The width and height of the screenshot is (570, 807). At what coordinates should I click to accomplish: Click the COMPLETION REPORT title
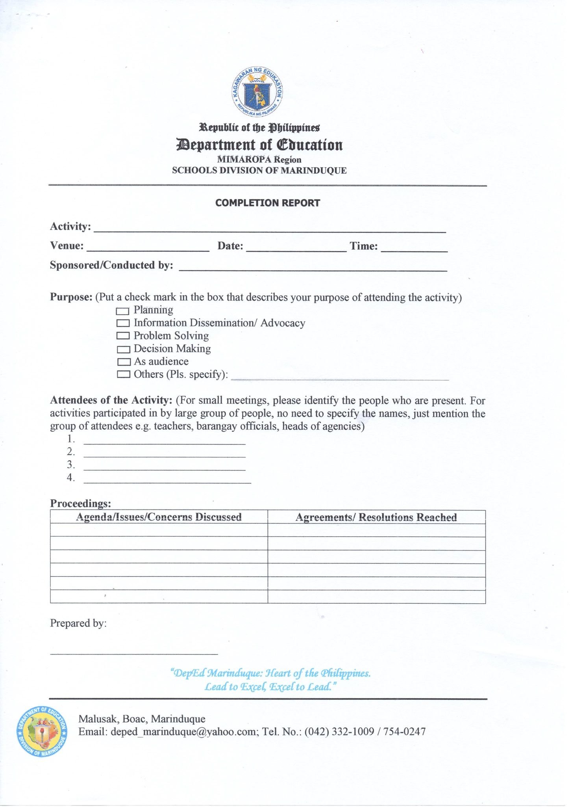pyautogui.click(x=268, y=203)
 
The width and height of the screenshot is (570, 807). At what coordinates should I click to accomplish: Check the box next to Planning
pyautogui.click(x=123, y=311)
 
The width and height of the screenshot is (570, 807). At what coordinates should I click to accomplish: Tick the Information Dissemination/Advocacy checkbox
pyautogui.click(x=123, y=324)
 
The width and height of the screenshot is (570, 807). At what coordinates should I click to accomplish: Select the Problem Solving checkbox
pyautogui.click(x=123, y=336)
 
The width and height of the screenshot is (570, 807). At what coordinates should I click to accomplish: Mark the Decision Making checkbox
pyautogui.click(x=123, y=349)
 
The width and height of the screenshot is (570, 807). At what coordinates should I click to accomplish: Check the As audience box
pyautogui.click(x=124, y=362)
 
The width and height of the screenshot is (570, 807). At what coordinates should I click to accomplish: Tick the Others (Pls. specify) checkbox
pyautogui.click(x=123, y=374)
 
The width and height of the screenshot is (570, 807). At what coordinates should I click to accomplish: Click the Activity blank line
pyautogui.click(x=269, y=229)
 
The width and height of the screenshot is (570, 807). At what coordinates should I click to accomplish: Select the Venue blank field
pyautogui.click(x=148, y=247)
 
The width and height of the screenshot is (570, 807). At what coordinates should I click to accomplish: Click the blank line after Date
pyautogui.click(x=296, y=247)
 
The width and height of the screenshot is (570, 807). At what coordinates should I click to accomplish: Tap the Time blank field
pyautogui.click(x=414, y=247)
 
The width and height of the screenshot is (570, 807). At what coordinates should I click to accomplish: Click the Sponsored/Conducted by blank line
pyautogui.click(x=313, y=267)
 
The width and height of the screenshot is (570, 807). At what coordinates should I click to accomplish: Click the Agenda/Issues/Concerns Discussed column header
pyautogui.click(x=159, y=517)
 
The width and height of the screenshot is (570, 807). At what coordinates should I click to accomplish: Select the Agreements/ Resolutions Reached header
pyautogui.click(x=376, y=517)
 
